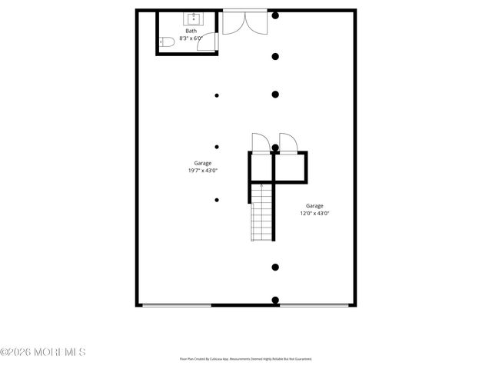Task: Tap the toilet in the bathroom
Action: [164, 42]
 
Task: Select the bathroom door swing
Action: [206, 42]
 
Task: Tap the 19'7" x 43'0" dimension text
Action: [203, 171]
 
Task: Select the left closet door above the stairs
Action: [260, 144]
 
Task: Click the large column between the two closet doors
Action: [275, 148]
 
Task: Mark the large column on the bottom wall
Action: [275, 301]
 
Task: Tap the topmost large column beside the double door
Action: [275, 15]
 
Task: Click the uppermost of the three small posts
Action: [217, 95]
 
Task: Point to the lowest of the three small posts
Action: [217, 200]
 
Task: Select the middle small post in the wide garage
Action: [217, 147]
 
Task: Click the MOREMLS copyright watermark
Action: [43, 352]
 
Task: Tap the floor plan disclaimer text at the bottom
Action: [246, 358]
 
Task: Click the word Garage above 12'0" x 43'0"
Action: [314, 205]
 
